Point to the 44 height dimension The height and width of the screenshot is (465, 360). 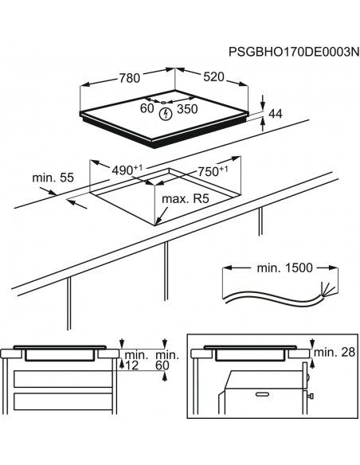point(276,114)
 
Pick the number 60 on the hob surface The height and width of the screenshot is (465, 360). point(147,108)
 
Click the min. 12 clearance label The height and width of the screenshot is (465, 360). point(134,359)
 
